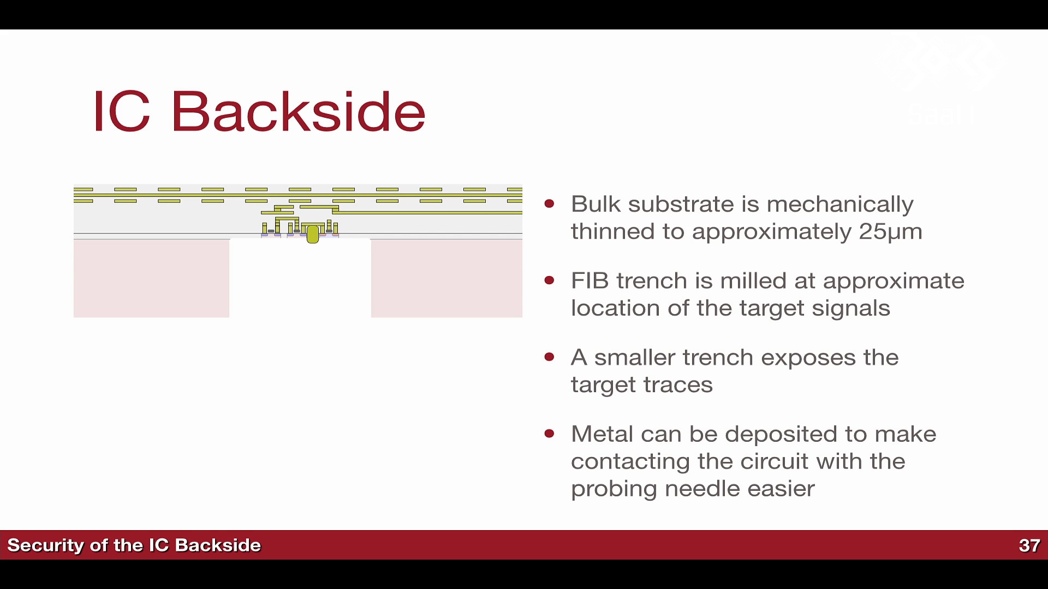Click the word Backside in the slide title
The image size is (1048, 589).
coord(298,111)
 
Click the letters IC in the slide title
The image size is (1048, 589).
coord(121,111)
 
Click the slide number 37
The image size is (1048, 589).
coord(1029,545)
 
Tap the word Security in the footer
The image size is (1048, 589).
coord(45,545)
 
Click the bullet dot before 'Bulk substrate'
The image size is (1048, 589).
coord(550,204)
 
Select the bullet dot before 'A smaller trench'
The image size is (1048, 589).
coord(550,357)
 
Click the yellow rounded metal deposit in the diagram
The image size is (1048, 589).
coord(313,234)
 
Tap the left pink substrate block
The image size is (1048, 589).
coord(151,278)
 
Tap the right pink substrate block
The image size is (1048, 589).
coord(446,278)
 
